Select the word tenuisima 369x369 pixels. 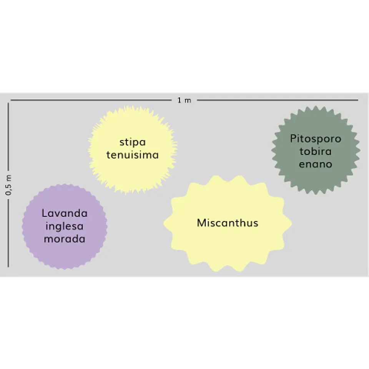(x=133, y=155)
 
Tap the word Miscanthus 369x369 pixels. (x=228, y=223)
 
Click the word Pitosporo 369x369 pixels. (x=316, y=139)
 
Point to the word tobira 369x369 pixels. (x=316, y=151)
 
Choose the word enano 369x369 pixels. (x=316, y=164)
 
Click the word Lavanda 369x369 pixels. (x=65, y=213)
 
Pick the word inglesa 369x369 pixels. (x=65, y=226)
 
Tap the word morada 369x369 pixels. (x=65, y=239)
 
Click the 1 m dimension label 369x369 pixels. (x=184, y=100)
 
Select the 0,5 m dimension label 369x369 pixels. (x=8, y=185)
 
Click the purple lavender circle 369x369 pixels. (x=65, y=227)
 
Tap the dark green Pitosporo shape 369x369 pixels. (x=316, y=150)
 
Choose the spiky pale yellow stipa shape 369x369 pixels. (x=133, y=150)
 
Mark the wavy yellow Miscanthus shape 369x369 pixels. (x=228, y=223)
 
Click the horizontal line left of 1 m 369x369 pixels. (x=91, y=100)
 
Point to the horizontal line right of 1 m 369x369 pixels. (x=278, y=100)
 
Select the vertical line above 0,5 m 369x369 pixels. (x=8, y=136)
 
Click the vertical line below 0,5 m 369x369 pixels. (x=8, y=233)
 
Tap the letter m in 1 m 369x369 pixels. (x=188, y=101)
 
